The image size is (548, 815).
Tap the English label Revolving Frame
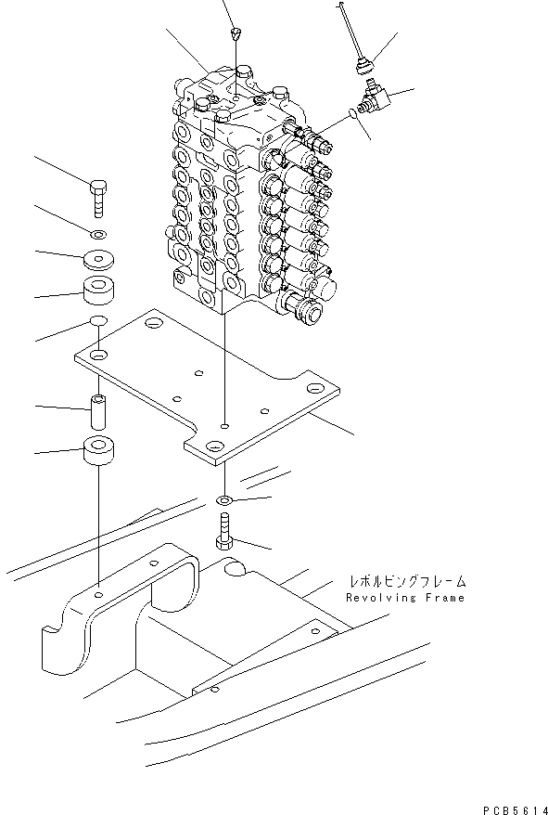pos(405,598)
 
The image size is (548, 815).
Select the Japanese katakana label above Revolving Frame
pos(406,581)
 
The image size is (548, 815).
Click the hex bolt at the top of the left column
pos(99,197)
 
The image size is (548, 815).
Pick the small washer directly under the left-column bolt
pos(99,231)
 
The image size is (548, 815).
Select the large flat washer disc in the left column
pos(99,258)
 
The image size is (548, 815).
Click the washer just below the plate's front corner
pos(225,502)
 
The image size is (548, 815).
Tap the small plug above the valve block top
pos(235,34)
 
